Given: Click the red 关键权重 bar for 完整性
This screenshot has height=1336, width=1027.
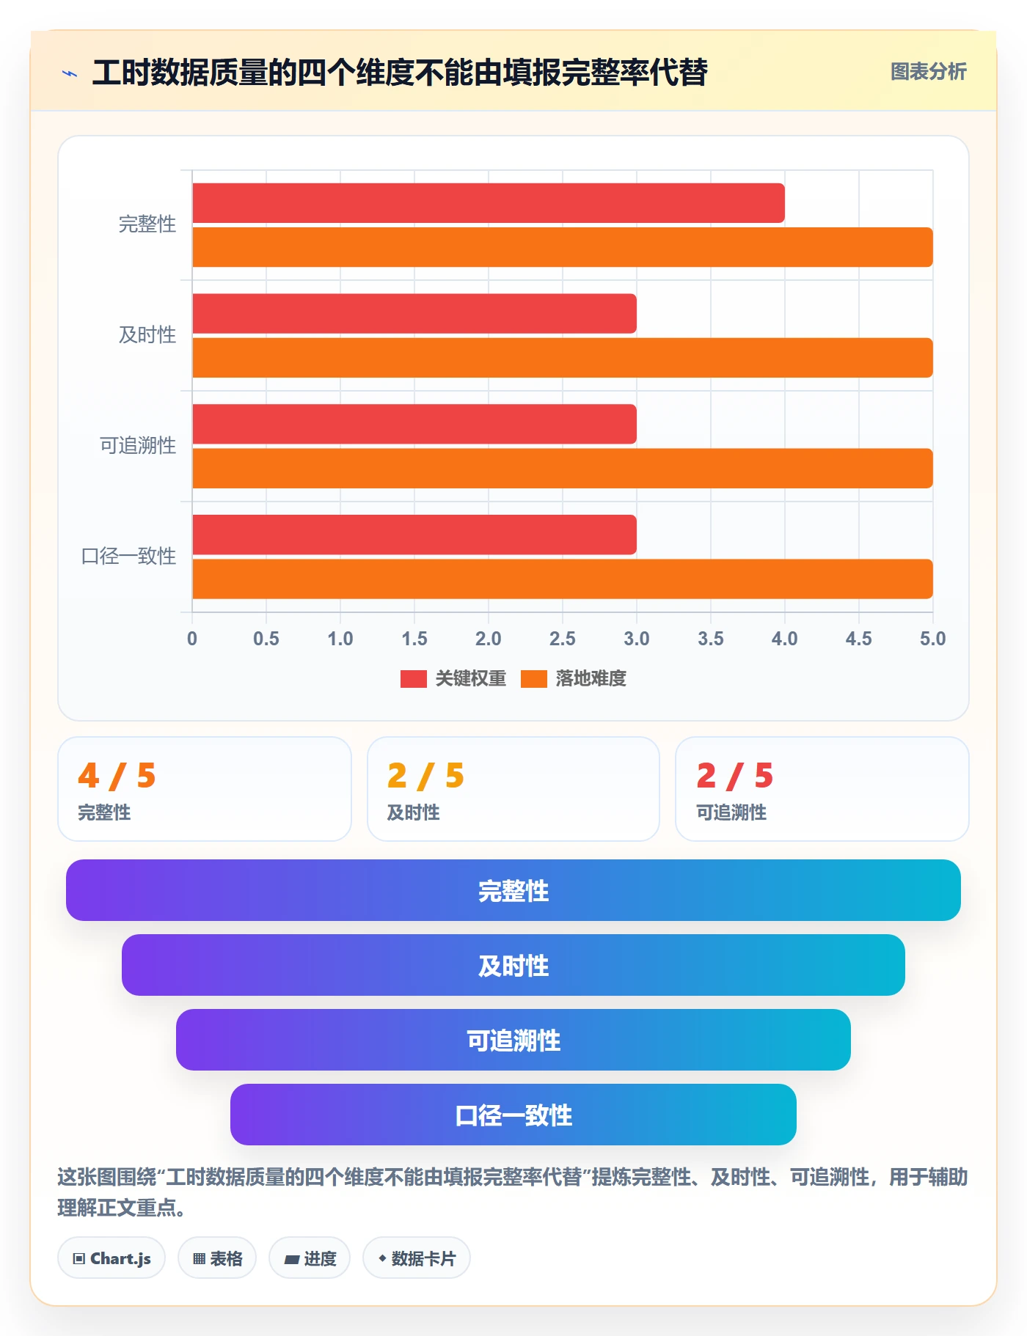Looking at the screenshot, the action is click(489, 203).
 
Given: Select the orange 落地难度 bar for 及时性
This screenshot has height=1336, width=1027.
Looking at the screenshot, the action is click(563, 358).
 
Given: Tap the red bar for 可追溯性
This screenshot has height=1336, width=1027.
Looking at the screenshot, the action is click(414, 424).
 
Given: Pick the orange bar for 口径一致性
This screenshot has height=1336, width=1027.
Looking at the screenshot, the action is click(563, 579).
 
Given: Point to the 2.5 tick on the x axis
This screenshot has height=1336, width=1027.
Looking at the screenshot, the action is click(563, 639).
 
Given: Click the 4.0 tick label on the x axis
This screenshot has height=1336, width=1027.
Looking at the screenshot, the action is click(785, 639).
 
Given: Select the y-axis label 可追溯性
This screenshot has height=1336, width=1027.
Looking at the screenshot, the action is click(138, 445).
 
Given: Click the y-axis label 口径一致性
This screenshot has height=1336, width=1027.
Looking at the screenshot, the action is click(128, 556).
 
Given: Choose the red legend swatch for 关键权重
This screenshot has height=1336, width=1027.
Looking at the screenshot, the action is click(413, 679).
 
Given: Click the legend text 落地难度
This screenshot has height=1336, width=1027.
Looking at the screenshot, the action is click(591, 679).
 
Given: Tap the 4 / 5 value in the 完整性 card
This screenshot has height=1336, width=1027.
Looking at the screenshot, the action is click(117, 776).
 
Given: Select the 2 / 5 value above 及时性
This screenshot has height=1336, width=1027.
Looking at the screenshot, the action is click(426, 776).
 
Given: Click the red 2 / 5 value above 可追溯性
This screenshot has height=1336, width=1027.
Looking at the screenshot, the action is click(735, 776).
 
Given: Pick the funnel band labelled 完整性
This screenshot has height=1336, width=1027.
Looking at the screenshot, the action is click(513, 890).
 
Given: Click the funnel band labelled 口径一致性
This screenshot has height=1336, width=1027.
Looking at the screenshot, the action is click(513, 1115).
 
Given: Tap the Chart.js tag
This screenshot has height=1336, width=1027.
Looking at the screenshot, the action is click(112, 1258).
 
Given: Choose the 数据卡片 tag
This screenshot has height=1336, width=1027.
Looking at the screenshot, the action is click(417, 1258).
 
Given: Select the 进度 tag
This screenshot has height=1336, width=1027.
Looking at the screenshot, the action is click(310, 1258).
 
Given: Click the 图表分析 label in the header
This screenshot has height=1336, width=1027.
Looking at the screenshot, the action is click(929, 72).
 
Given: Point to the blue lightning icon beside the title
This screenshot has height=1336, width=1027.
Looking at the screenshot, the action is click(70, 73).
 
